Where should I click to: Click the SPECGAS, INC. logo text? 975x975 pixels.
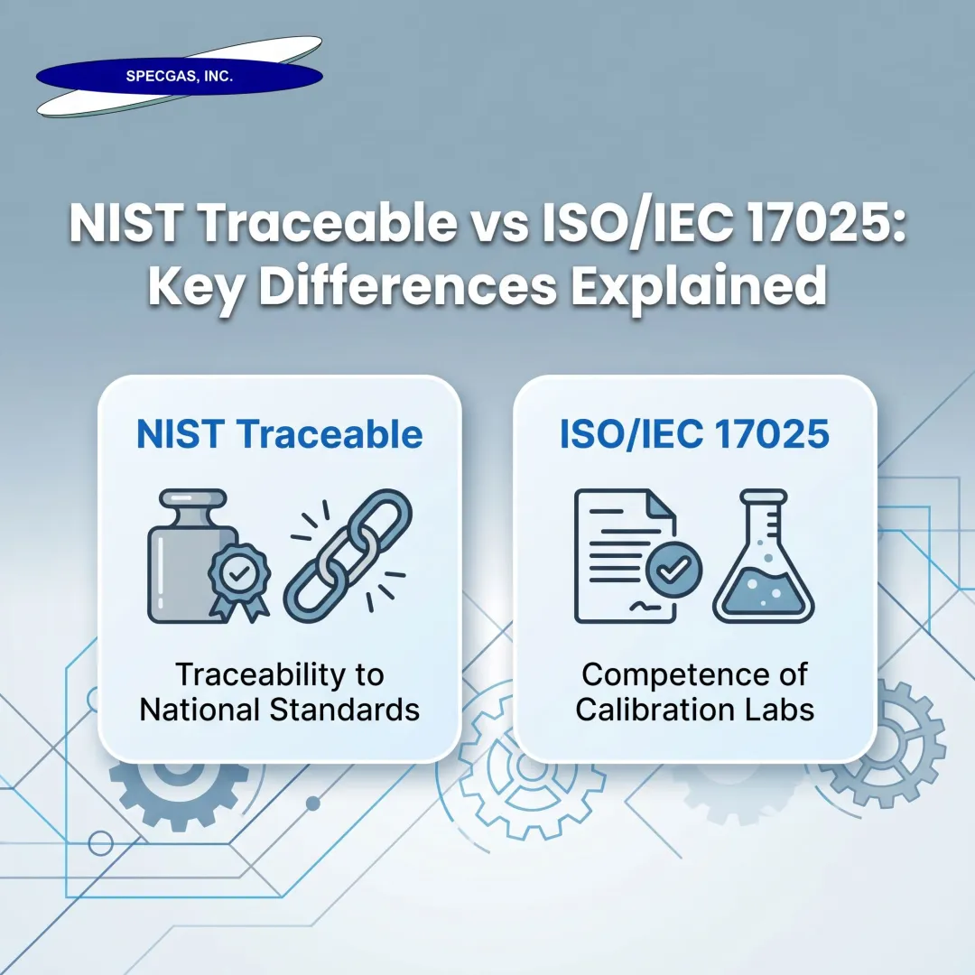click(179, 78)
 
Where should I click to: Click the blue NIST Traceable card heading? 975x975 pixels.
click(279, 435)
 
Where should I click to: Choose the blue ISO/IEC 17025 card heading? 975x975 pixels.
click(694, 435)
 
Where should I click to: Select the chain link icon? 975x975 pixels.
click(348, 558)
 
